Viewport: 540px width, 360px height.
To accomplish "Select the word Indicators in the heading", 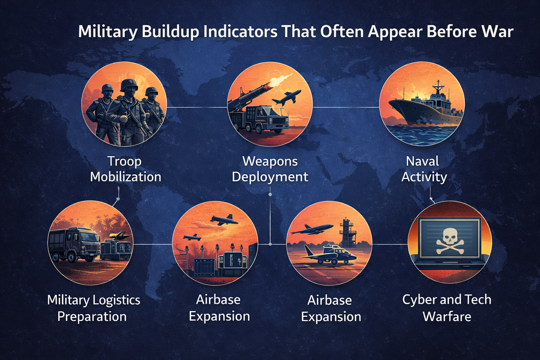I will pos(240,32).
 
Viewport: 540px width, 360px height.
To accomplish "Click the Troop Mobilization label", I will pos(126,169).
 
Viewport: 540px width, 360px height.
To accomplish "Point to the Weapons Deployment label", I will pos(270,169).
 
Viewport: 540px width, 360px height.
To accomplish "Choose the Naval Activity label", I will pos(424,169).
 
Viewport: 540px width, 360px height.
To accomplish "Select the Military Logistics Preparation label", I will pos(93,308).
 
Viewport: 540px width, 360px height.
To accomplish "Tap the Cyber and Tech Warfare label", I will pos(446,308).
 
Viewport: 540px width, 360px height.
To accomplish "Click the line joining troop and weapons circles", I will pos(197,107).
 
